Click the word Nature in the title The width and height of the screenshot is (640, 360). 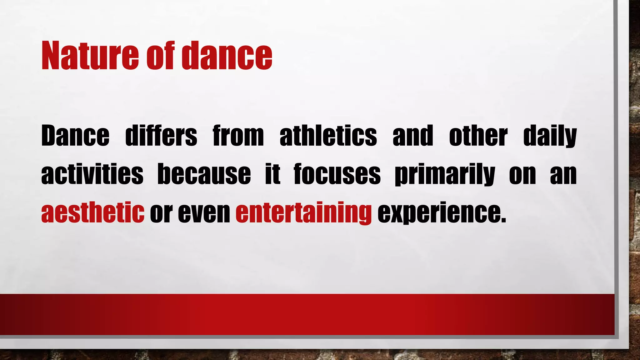click(90, 56)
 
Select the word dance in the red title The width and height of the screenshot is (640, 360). click(227, 56)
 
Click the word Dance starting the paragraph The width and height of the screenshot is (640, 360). click(75, 136)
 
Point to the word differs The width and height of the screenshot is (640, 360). click(161, 136)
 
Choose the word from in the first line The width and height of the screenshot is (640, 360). click(238, 136)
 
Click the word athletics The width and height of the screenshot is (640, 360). click(328, 136)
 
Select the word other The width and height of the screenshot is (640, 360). click(478, 136)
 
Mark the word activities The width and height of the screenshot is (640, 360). click(92, 174)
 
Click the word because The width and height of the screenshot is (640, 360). click(204, 174)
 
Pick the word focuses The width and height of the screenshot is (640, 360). click(337, 174)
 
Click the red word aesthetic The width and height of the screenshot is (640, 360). click(92, 212)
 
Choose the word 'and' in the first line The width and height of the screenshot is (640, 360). click(413, 136)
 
